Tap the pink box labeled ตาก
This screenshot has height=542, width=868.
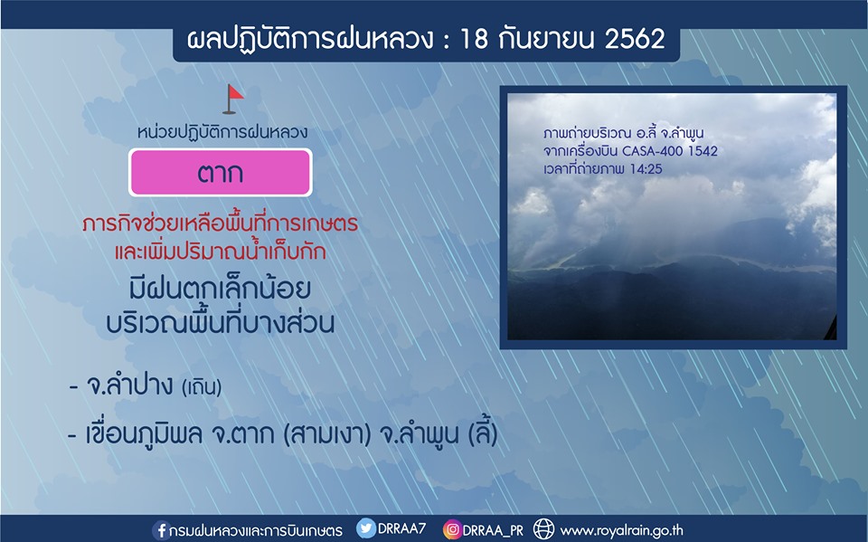coord(221,172)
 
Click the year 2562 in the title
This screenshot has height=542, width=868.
coord(635,39)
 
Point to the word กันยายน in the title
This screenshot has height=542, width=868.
coord(546,39)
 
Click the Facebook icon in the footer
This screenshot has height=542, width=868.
coord(161,530)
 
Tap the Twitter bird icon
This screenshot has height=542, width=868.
coord(365,528)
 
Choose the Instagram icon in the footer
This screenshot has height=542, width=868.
coord(452,530)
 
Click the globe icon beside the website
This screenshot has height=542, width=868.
coord(543,529)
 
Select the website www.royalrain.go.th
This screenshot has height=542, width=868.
coord(621,531)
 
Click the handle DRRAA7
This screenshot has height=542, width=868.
coord(401,528)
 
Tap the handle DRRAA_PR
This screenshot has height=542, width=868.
coord(493,530)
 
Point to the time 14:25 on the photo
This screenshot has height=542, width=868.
coord(646,169)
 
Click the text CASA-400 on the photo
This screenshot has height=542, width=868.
coord(650,151)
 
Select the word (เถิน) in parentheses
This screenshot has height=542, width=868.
coord(202,386)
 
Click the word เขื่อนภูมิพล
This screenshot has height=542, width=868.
coord(144,434)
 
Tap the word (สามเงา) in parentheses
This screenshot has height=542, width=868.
coord(326,434)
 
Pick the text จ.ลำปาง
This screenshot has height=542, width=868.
coord(129,384)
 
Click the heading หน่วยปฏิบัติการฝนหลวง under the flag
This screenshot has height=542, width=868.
coord(222,132)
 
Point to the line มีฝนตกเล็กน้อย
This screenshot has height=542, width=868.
coord(220,288)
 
